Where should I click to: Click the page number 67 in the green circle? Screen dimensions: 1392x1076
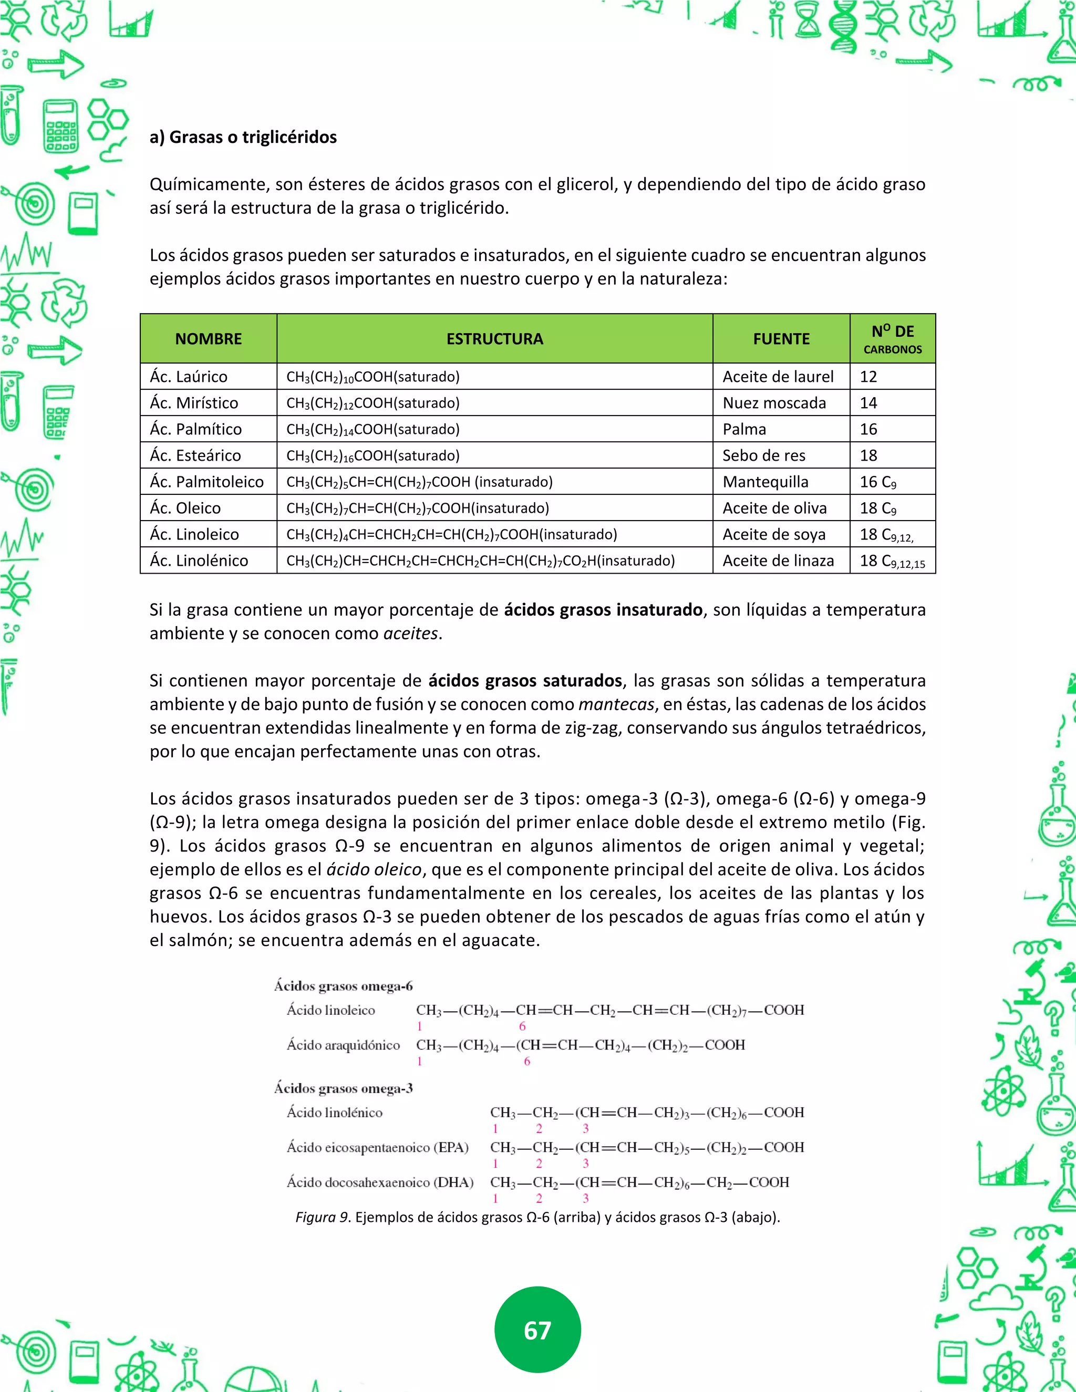pos(537,1329)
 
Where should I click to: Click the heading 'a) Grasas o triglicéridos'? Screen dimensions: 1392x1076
pos(243,137)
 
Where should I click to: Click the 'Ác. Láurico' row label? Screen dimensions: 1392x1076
pos(189,377)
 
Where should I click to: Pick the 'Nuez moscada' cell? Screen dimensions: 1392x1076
pos(774,403)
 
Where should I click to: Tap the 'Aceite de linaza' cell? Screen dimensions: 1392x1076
pos(778,561)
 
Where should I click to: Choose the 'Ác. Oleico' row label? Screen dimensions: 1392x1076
pos(185,508)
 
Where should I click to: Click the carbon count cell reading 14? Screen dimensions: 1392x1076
pos(868,403)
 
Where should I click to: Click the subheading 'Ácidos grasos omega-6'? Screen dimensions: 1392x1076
pos(343,986)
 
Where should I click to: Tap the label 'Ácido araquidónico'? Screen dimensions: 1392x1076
pos(343,1045)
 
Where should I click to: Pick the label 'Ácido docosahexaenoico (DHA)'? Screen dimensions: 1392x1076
pos(380,1182)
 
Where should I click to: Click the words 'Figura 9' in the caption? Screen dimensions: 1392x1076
pos(322,1218)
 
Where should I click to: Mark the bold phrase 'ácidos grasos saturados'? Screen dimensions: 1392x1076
pos(525,681)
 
